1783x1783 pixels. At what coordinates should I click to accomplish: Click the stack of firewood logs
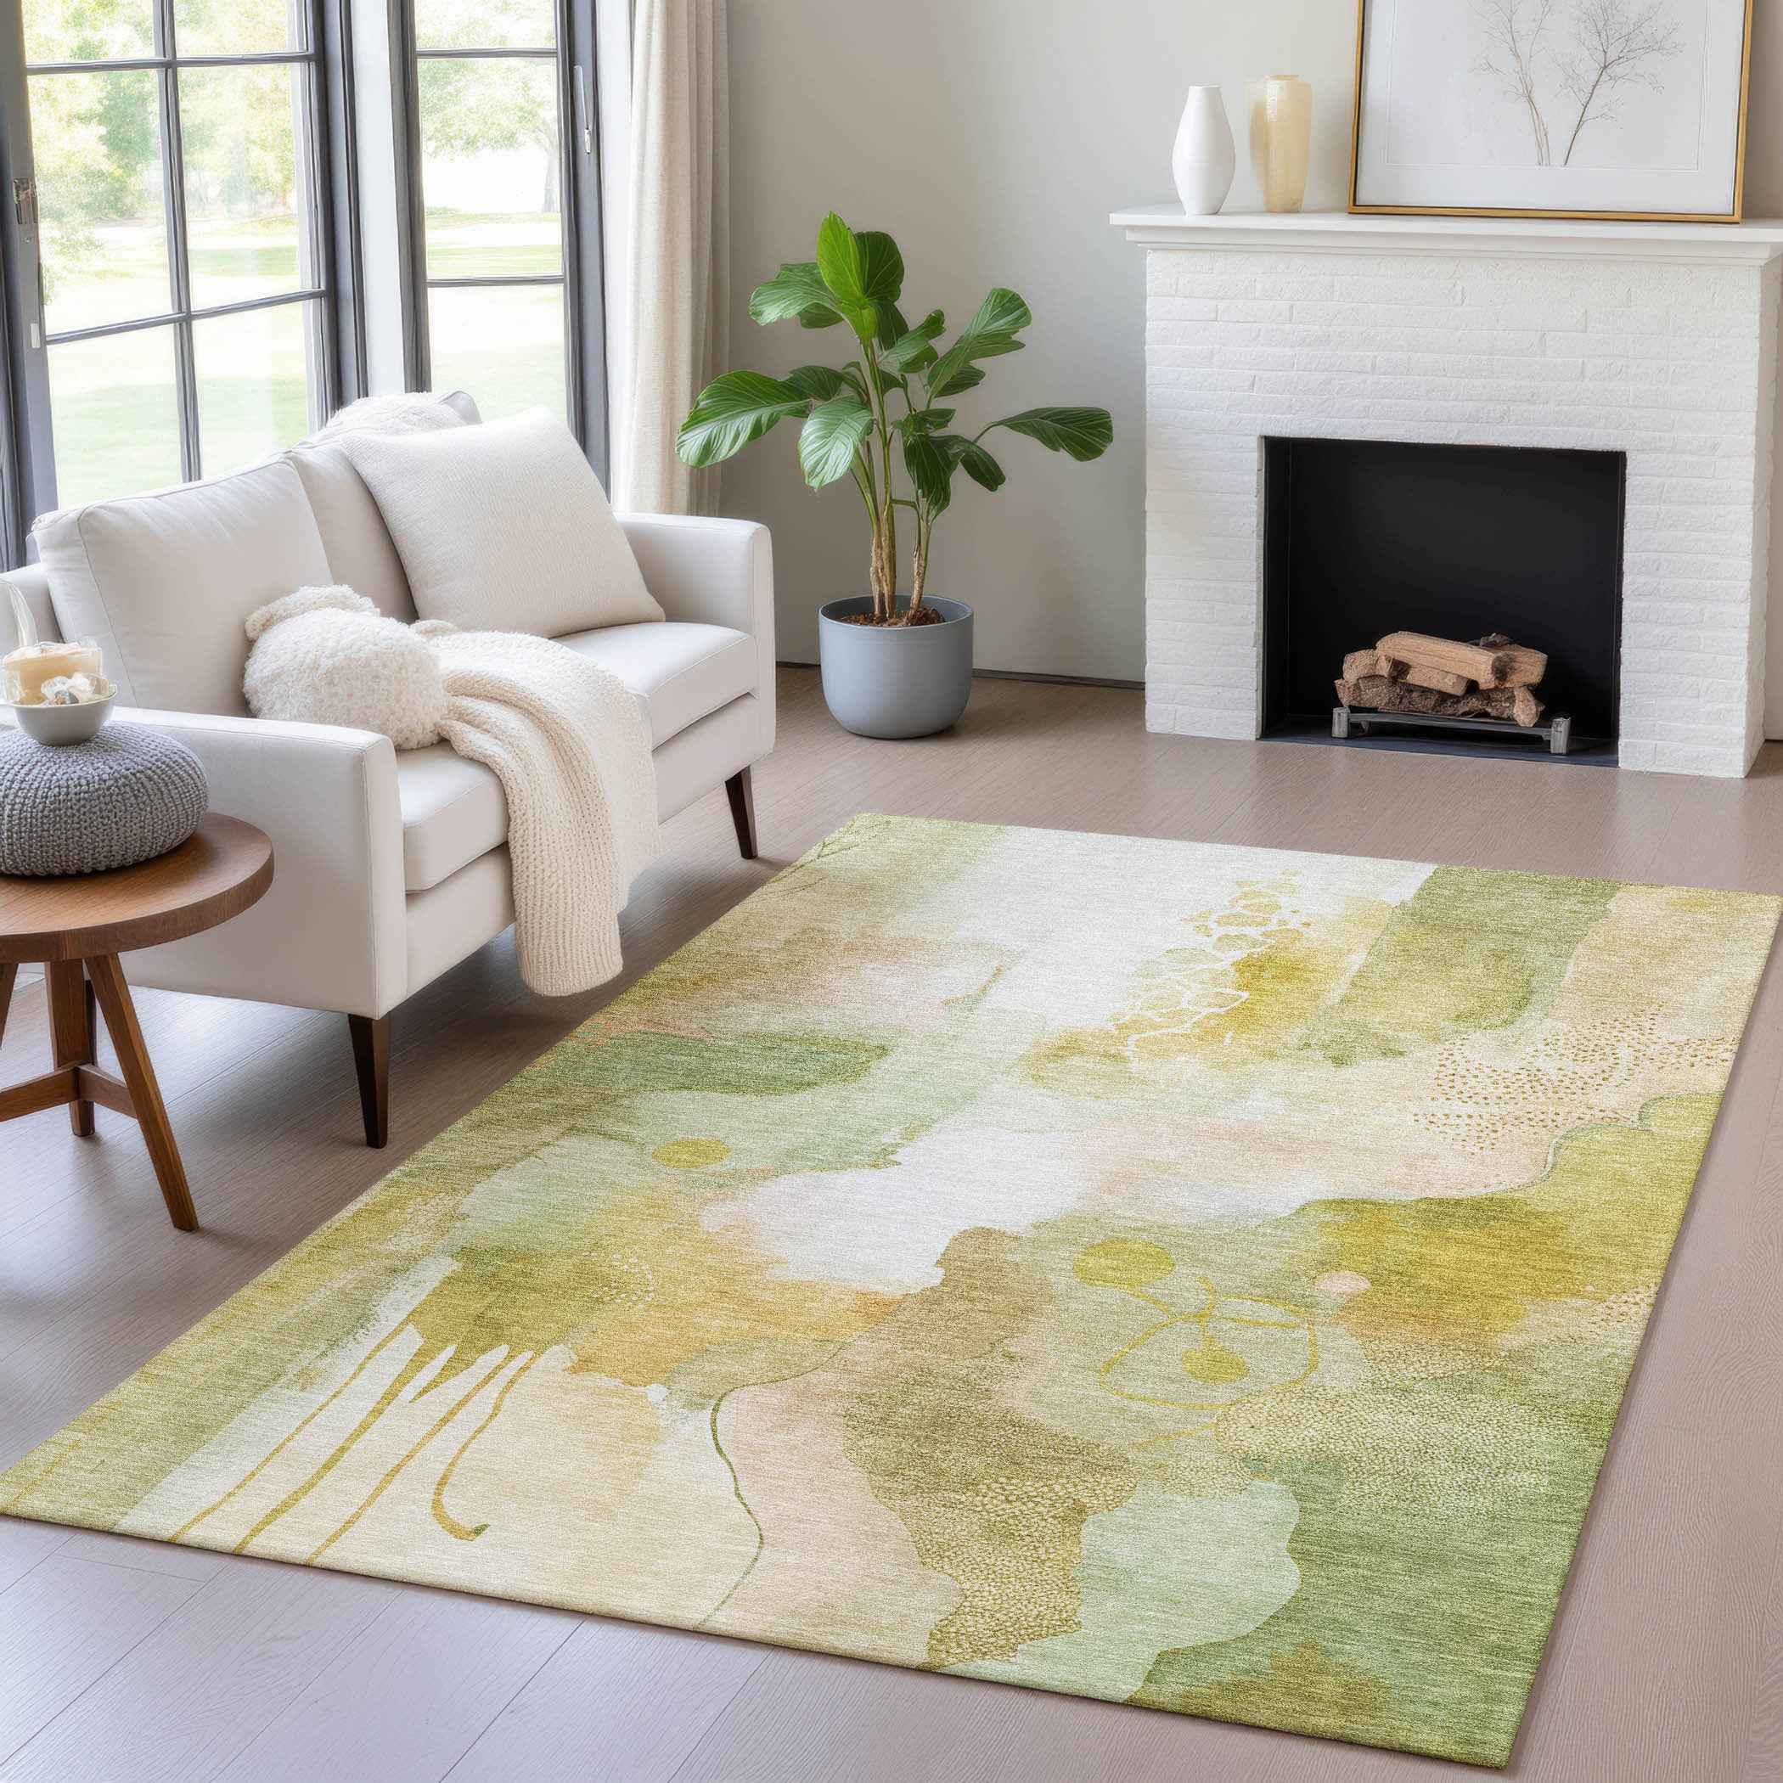[1443, 675]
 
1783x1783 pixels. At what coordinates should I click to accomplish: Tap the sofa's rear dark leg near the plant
[740, 813]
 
